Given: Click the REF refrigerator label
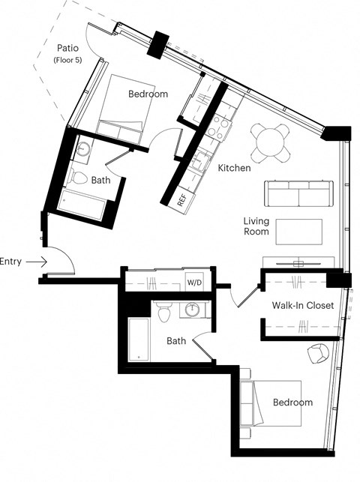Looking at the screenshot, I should (x=181, y=200).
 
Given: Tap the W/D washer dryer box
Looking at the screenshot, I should (x=194, y=283).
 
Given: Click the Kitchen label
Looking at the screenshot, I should (x=234, y=168).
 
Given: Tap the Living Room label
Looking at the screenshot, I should (x=256, y=226).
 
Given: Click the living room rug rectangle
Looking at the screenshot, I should (x=298, y=232).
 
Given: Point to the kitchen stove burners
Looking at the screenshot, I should (x=219, y=127).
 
